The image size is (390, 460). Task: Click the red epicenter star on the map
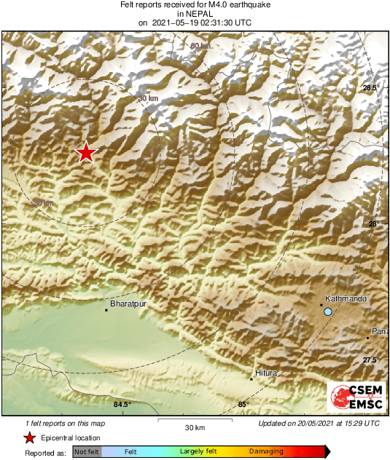[x=86, y=152]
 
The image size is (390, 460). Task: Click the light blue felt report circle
[x=328, y=312]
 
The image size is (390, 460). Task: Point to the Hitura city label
[x=267, y=373]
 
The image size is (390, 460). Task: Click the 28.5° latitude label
[x=370, y=88]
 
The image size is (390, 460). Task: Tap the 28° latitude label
[x=373, y=224]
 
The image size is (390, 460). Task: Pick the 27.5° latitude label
[x=370, y=360]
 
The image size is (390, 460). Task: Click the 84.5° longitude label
[x=122, y=405]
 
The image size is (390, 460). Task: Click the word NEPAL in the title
[x=195, y=13]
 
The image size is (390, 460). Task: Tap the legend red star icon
[x=29, y=437]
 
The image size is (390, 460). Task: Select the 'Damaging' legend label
[x=266, y=452]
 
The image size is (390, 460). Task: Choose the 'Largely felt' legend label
[x=197, y=452]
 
